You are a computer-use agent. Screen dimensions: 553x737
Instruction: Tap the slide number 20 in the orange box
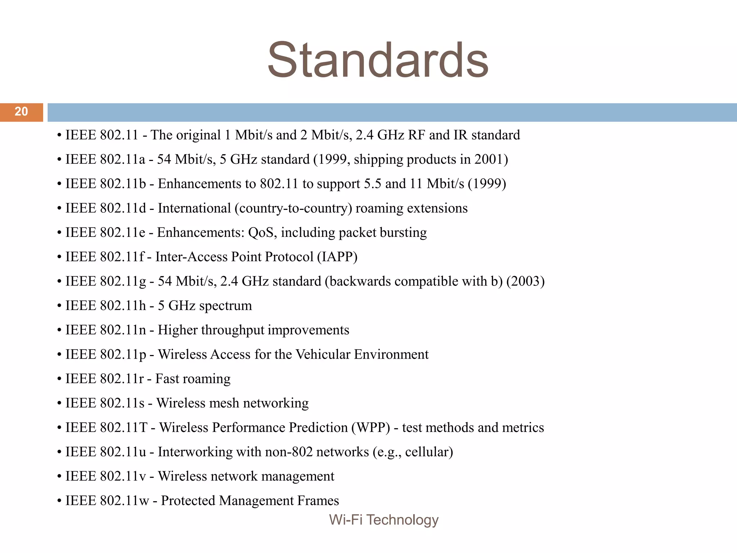21,112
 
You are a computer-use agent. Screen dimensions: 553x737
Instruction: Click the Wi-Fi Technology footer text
384,520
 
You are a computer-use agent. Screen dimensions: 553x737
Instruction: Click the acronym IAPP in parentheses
337,257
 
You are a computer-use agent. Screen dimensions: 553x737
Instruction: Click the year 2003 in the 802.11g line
525,281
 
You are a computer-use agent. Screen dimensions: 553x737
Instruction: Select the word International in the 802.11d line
194,208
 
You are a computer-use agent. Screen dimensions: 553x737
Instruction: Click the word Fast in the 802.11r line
167,379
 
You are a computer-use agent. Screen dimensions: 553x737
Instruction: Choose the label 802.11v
123,476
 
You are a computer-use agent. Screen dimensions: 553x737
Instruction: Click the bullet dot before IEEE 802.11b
59,184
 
